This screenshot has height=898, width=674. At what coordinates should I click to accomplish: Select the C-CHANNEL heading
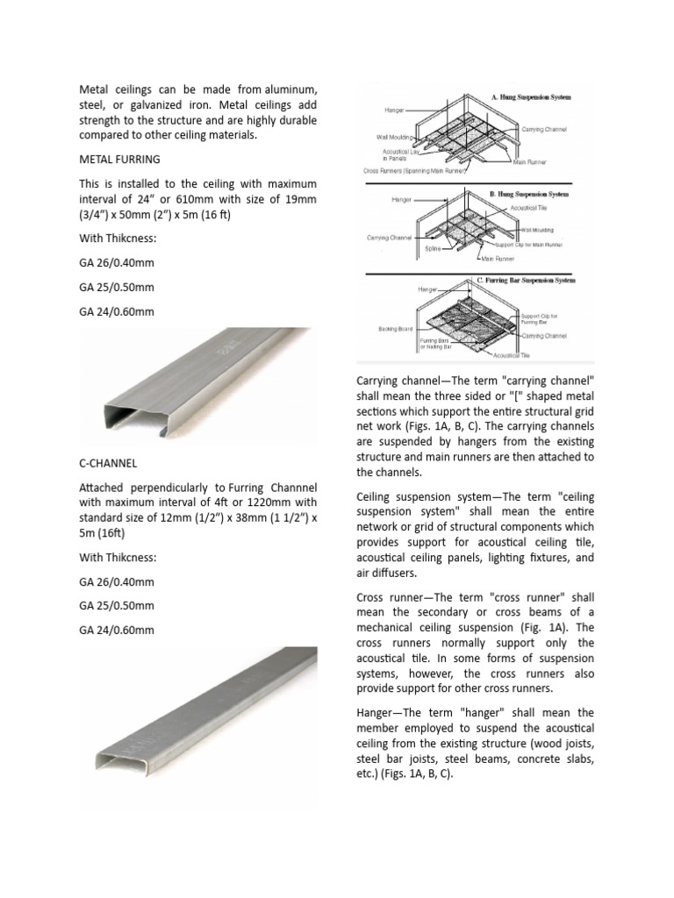tap(108, 461)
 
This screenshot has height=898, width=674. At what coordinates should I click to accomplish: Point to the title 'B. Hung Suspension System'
tap(528, 193)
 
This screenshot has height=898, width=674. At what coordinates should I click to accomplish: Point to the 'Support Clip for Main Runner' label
tap(533, 244)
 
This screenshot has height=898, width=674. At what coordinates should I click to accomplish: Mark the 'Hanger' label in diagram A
tap(394, 110)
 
